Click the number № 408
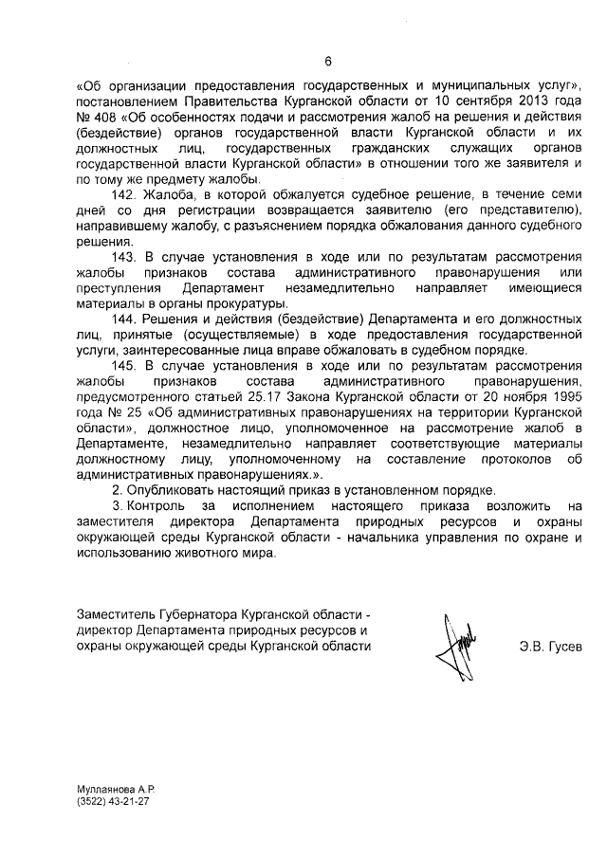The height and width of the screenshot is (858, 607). pos(94,116)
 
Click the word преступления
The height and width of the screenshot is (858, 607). pos(120,287)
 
